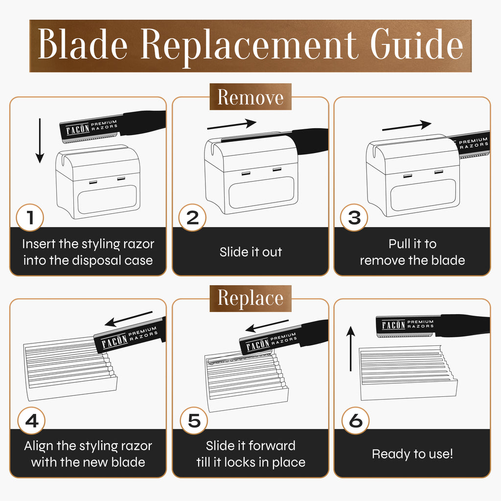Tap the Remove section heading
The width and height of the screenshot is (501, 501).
pyautogui.click(x=250, y=97)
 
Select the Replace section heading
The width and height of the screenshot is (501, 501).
pyautogui.click(x=250, y=298)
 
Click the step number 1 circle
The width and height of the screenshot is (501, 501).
pyautogui.click(x=30, y=218)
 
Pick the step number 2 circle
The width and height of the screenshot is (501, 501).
pyautogui.click(x=192, y=218)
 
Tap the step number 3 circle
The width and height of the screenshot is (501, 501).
pyautogui.click(x=354, y=218)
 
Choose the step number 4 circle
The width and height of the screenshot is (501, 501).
pyautogui.click(x=31, y=420)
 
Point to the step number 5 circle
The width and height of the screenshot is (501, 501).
pyautogui.click(x=194, y=420)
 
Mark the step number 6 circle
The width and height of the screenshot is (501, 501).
pyautogui.click(x=356, y=420)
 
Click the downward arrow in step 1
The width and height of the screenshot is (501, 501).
pyautogui.click(x=40, y=140)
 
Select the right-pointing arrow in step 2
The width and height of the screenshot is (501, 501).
pyautogui.click(x=231, y=125)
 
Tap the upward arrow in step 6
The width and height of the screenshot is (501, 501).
pyautogui.click(x=351, y=348)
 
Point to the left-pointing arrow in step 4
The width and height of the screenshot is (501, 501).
pyautogui.click(x=129, y=319)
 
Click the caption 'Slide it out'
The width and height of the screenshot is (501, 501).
pyautogui.click(x=251, y=252)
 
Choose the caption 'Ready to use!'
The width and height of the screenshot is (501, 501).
pyautogui.click(x=412, y=454)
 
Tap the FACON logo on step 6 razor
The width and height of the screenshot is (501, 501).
pyautogui.click(x=394, y=325)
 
